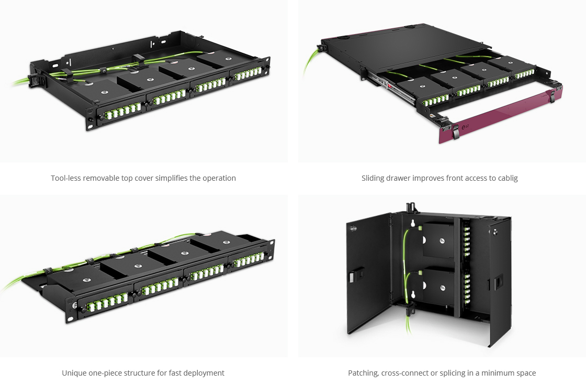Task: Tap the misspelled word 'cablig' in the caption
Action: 507,178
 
